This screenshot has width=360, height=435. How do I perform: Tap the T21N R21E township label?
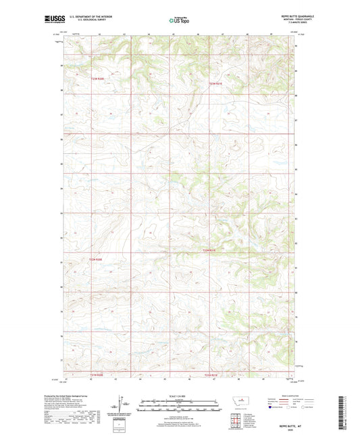coord(215,83)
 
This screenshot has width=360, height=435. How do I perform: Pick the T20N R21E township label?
coord(211,251)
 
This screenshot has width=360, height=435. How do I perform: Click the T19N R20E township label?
coord(99,375)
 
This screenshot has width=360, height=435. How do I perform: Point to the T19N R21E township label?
coord(211,375)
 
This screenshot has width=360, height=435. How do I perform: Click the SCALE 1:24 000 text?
coord(179,395)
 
